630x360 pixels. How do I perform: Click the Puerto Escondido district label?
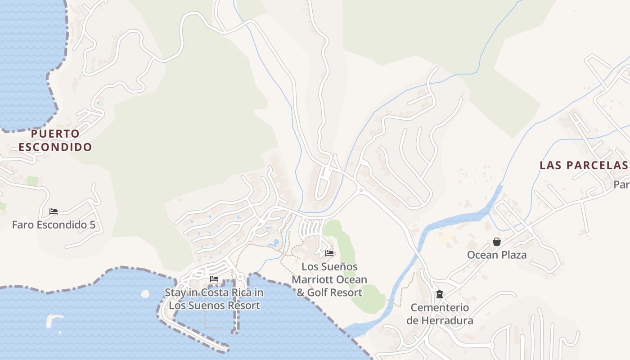[55, 140]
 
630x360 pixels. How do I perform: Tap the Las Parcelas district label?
[583, 165]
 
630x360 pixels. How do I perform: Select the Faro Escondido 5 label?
[54, 225]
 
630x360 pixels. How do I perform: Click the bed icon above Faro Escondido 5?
[54, 211]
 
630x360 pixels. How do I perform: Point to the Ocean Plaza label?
[496, 255]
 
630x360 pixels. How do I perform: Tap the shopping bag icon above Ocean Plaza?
[496, 242]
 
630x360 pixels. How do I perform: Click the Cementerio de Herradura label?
[440, 314]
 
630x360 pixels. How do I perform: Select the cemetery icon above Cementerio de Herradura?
[440, 295]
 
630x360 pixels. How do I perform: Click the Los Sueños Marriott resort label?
[329, 279]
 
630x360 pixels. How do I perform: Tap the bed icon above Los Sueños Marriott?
[329, 253]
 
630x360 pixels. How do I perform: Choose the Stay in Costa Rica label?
[214, 299]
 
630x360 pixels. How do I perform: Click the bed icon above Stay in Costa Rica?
[214, 279]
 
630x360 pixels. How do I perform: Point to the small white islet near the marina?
[145, 294]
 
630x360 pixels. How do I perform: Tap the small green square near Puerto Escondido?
[32, 181]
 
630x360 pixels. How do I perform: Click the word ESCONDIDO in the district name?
[55, 147]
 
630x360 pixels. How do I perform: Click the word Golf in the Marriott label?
[318, 292]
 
